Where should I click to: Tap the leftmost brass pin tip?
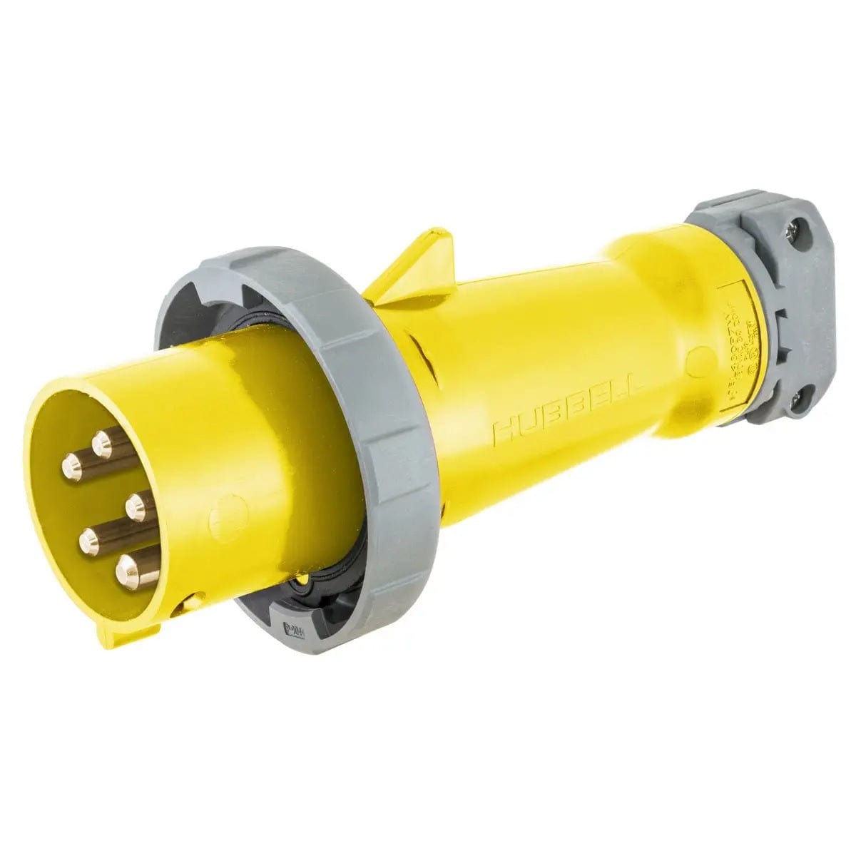click(71, 468)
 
